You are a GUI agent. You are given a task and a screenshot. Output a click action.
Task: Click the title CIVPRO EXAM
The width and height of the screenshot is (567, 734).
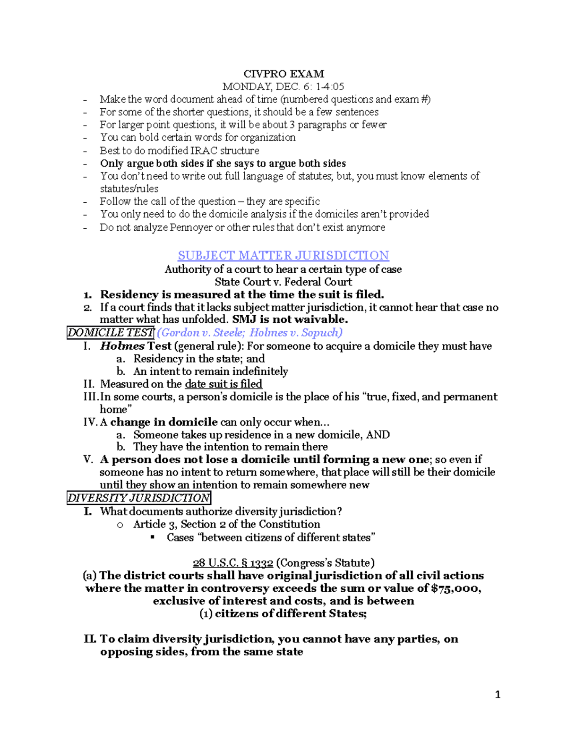pos(283,74)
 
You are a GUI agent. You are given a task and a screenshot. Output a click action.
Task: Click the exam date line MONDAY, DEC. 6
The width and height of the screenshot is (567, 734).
pos(283,86)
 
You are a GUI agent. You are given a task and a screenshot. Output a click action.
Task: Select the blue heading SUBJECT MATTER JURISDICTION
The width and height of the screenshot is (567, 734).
pos(283,256)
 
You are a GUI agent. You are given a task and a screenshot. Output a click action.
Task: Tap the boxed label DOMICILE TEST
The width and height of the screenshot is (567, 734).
pos(111,333)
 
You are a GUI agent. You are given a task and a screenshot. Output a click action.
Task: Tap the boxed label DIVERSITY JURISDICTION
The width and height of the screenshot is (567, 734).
pos(138,498)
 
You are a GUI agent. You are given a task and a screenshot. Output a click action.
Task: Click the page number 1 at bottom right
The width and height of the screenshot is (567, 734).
pos(497,694)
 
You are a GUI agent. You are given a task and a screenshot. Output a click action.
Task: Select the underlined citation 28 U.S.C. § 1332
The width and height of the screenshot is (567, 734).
pos(233,563)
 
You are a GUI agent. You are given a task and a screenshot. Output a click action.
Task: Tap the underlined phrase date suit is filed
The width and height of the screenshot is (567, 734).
pos(223,384)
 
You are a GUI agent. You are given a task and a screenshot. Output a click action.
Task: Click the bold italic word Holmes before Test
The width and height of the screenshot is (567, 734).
pos(122,346)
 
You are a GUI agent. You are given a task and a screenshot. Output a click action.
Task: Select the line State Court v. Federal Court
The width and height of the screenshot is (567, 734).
pos(283,282)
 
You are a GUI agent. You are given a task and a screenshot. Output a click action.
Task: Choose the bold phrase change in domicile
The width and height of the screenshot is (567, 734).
pos(164,422)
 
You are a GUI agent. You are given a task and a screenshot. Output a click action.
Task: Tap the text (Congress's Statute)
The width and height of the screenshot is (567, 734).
pos(325,563)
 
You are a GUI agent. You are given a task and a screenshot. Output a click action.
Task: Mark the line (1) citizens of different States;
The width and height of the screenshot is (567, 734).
pos(283,614)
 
